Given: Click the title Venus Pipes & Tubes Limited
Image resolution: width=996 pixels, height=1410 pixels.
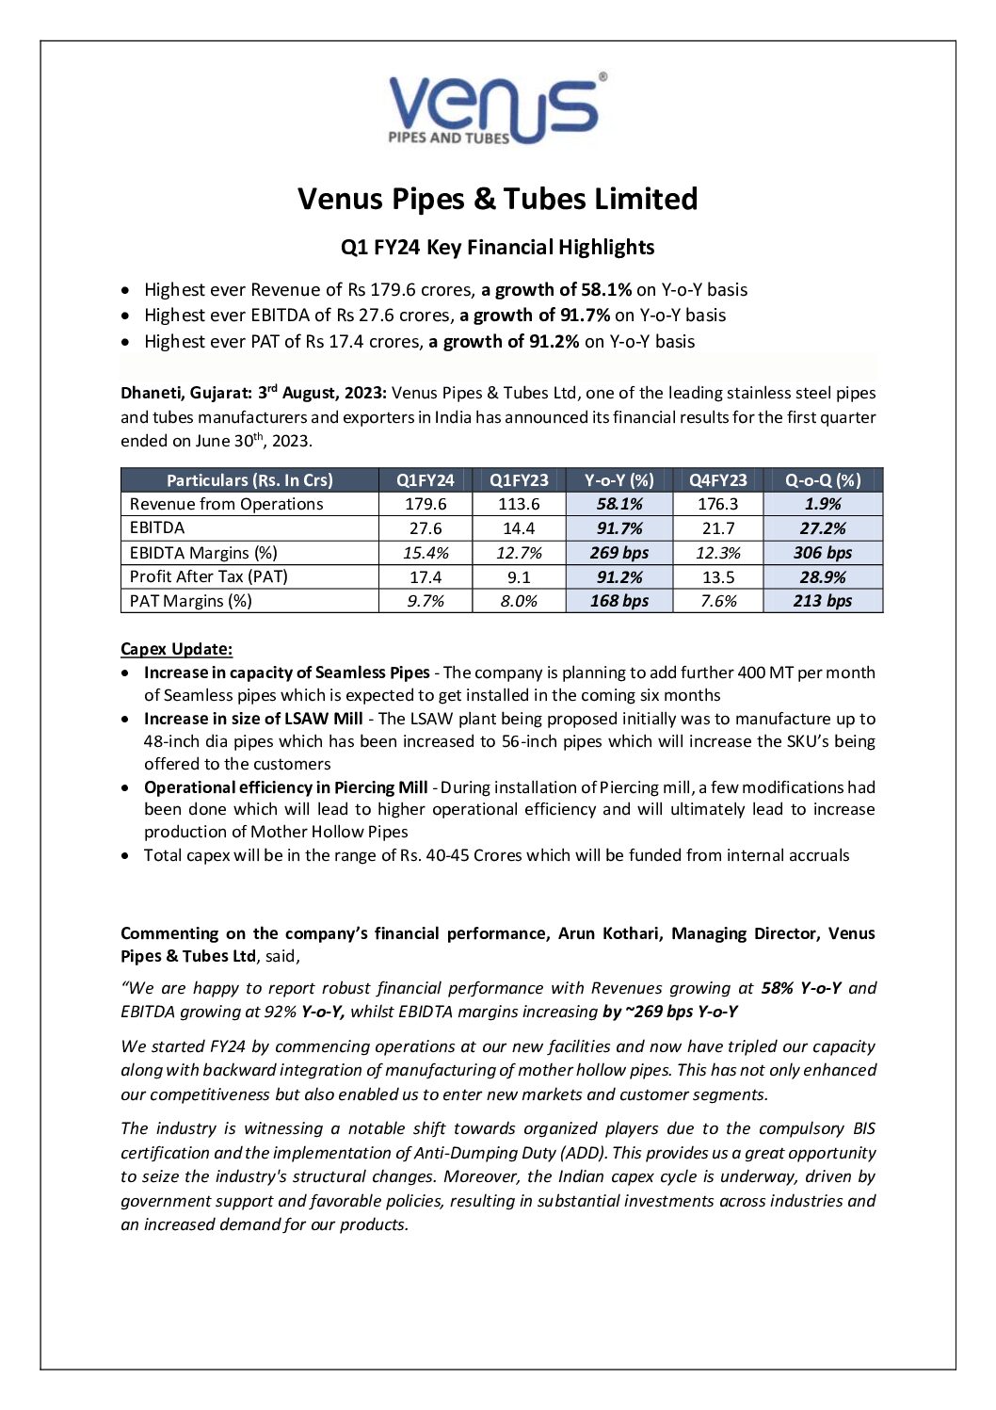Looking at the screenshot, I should tap(497, 199).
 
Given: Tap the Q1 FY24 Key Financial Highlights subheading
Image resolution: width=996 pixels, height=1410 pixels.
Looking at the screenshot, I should tap(497, 248).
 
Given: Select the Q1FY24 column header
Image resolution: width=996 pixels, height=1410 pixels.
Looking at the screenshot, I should tap(426, 479).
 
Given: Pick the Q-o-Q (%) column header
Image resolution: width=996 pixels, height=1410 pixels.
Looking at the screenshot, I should tap(823, 479).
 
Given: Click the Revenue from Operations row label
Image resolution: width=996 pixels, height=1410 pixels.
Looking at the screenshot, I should tap(226, 504).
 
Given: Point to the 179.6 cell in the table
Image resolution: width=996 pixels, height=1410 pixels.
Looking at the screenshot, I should tap(426, 504).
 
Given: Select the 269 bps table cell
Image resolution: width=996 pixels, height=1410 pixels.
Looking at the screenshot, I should tap(619, 553).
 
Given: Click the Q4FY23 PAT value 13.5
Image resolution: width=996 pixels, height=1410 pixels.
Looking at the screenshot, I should tap(718, 576).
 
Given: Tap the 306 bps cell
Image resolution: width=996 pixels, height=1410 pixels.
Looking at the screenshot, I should tap(823, 553).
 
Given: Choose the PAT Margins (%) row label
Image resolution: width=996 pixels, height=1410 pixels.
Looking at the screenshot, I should tap(191, 601).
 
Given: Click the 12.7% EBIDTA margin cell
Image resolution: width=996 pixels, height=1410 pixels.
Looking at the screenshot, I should tap(519, 553).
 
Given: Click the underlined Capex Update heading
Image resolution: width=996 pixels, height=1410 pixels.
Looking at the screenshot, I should tap(176, 649).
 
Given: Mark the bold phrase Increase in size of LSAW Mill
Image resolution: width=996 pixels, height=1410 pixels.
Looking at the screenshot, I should tap(253, 719).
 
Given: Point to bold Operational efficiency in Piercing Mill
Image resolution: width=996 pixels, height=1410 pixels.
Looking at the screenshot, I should tap(285, 787).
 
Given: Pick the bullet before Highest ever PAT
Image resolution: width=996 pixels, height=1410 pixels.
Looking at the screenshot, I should tap(127, 342).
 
